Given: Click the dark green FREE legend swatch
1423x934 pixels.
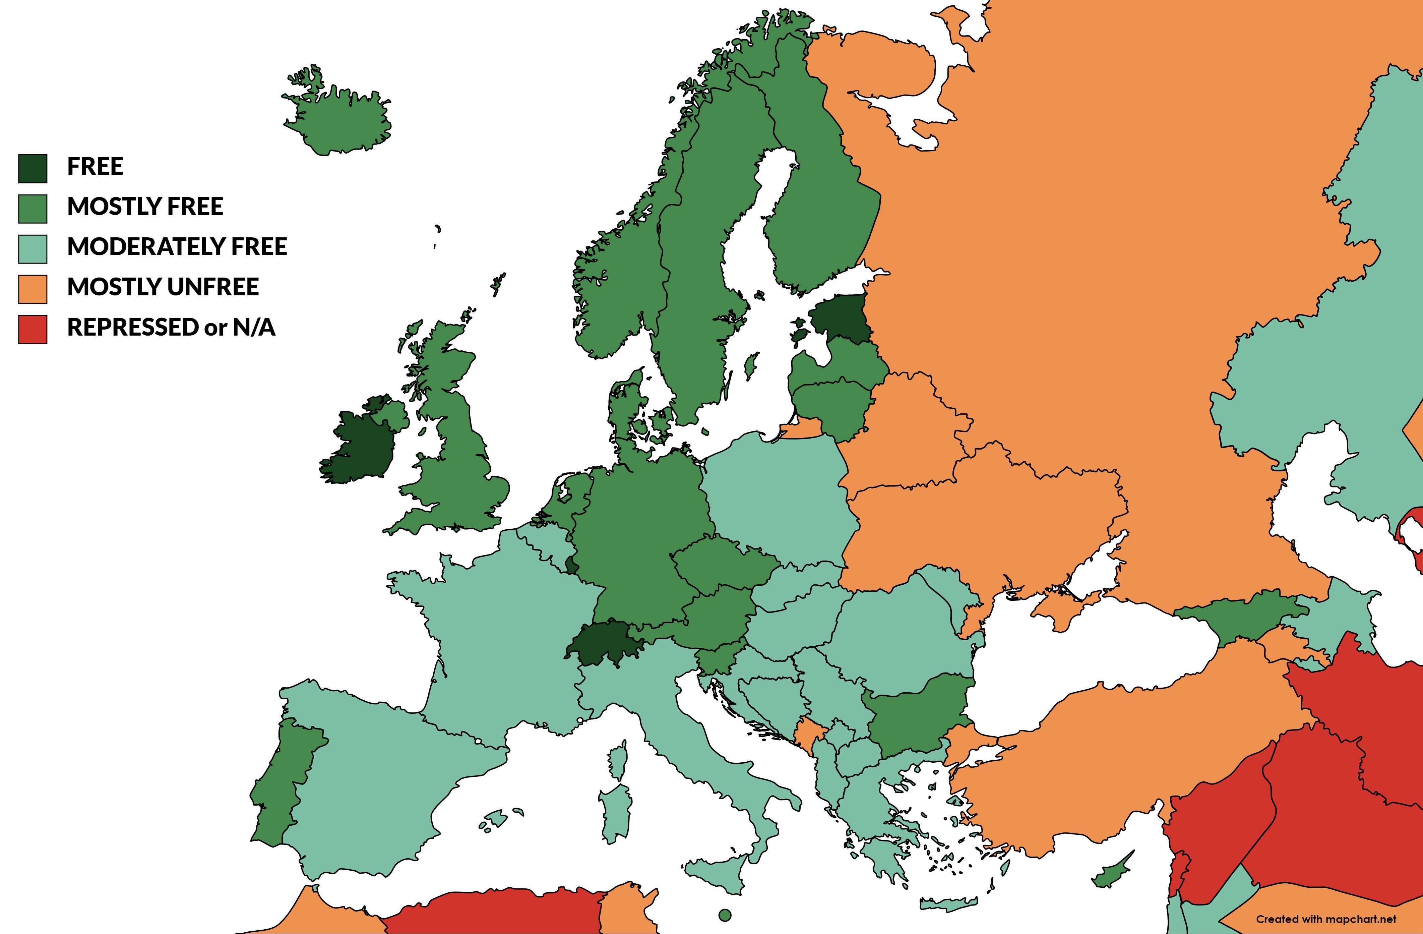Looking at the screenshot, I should (x=32, y=168).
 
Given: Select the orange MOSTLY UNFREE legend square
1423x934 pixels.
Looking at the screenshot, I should (x=32, y=289).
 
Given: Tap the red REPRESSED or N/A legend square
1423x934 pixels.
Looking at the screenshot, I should (x=32, y=330).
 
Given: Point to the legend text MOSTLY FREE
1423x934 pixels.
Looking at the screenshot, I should (x=145, y=206).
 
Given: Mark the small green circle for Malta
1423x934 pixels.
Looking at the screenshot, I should (x=725, y=915).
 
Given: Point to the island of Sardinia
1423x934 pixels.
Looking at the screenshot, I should (x=616, y=813).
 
